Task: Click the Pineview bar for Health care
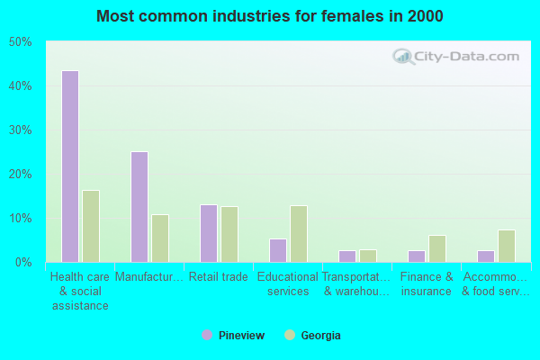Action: point(69,166)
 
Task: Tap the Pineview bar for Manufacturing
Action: point(139,207)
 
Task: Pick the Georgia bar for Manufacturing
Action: point(160,238)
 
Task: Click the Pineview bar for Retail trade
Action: point(209,233)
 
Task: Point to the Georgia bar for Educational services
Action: point(299,234)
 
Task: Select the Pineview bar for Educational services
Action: point(278,250)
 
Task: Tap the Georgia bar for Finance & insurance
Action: point(437,248)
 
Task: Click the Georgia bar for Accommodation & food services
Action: point(507,246)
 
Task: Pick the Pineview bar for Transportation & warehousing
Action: point(347,256)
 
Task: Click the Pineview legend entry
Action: point(233,336)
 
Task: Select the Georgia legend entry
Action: point(312,336)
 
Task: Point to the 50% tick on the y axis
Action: point(20,42)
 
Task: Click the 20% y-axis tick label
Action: point(20,175)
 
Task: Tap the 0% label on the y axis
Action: point(23,263)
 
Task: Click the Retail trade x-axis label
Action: point(219,277)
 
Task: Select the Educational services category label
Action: point(288,284)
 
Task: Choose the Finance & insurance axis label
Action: point(427,284)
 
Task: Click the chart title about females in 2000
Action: point(270,16)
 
